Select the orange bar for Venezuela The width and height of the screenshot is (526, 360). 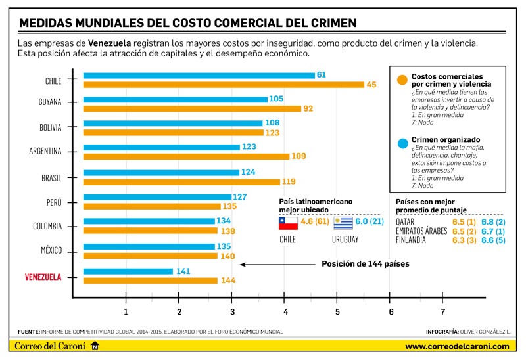point(150,281)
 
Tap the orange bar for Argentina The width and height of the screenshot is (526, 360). point(186,156)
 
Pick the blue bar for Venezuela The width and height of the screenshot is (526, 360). point(128,271)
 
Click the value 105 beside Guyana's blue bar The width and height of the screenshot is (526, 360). point(277,99)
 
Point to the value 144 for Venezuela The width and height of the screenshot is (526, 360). point(228,281)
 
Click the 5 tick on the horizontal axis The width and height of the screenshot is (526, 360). point(337,311)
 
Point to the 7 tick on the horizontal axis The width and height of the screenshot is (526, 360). point(443,311)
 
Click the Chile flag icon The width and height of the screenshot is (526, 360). point(288,224)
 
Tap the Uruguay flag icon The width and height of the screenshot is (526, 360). point(343,224)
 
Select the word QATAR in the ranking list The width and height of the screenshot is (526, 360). point(405,222)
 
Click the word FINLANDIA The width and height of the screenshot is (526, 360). point(413,240)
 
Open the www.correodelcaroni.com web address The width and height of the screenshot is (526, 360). point(457,346)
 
